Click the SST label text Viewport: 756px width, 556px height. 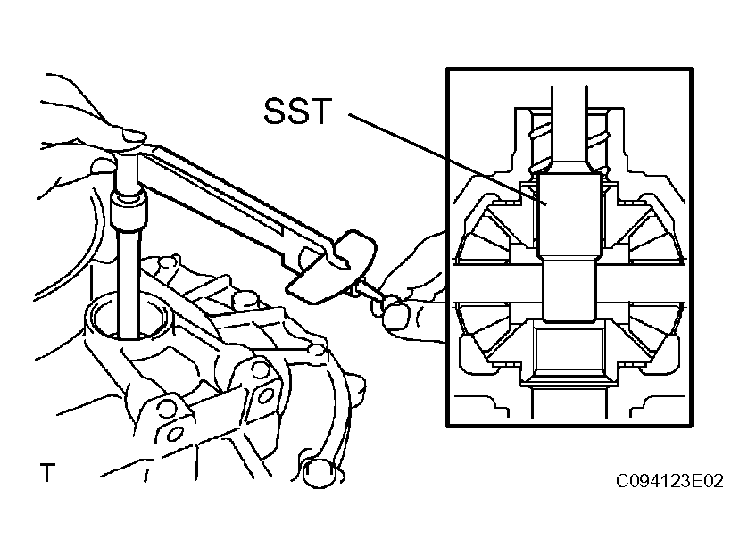(x=298, y=112)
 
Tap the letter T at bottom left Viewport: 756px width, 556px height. (x=47, y=473)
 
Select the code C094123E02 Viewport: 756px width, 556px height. (x=670, y=481)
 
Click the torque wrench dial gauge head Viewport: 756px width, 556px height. (x=331, y=267)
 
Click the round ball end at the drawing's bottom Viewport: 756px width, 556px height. (x=320, y=474)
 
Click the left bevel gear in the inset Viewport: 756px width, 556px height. (x=484, y=285)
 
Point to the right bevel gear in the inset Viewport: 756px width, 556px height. (x=653, y=285)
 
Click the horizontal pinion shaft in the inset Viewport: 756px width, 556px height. (x=569, y=285)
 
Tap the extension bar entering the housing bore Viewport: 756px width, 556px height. (x=129, y=285)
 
